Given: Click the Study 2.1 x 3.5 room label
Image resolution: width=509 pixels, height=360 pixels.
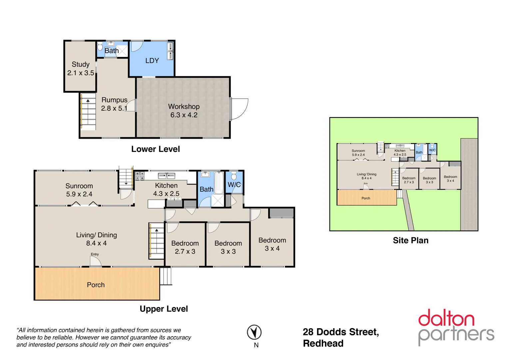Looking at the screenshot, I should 81,68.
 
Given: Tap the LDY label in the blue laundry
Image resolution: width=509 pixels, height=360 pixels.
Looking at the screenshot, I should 152,61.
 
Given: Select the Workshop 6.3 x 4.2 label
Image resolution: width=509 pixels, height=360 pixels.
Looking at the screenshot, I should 184,111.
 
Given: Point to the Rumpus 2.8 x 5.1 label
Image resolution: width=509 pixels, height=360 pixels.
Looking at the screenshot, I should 114,104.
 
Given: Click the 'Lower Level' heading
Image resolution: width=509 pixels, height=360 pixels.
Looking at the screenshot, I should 155,149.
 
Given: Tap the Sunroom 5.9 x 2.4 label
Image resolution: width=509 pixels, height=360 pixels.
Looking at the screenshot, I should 79,190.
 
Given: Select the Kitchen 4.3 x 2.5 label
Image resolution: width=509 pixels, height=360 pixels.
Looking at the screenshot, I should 166,189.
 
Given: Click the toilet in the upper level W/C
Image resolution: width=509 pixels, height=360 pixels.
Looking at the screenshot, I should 234,176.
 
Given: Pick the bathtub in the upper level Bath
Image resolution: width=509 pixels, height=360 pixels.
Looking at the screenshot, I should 219,183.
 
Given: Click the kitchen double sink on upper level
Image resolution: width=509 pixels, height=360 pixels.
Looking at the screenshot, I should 167,176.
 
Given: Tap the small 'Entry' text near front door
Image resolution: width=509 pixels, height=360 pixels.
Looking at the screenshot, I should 95,254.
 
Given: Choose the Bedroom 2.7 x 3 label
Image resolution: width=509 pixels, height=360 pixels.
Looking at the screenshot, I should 185,247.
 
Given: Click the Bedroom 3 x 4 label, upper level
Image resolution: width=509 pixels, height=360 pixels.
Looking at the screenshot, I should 272,244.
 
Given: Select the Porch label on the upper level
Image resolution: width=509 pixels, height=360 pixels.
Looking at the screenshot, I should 96,285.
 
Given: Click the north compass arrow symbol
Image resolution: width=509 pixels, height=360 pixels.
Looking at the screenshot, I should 254,332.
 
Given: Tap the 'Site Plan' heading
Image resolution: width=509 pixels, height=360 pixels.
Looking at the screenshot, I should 410,240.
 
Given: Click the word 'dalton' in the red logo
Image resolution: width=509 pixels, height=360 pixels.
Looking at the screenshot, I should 446,318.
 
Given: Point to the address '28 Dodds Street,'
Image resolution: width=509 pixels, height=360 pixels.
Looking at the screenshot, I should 340,332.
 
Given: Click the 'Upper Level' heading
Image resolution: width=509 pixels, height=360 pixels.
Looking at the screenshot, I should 164,309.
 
